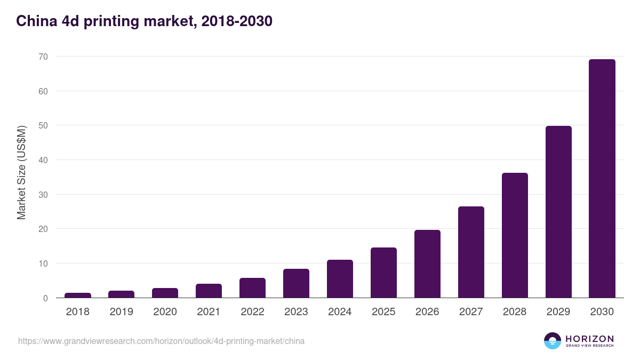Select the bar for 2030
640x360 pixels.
[602, 179]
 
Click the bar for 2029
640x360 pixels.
[558, 212]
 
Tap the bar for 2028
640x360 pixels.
[514, 235]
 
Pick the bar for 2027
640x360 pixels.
[471, 252]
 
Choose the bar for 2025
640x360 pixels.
[383, 273]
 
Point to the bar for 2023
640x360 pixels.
[296, 283]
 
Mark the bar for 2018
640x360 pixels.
[78, 295]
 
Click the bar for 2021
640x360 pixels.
[209, 291]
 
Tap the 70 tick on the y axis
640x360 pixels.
[43, 57]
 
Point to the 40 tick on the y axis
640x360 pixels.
[43, 160]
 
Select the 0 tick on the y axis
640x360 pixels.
[45, 298]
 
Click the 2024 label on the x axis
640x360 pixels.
[340, 312]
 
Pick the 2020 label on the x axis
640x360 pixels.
[165, 312]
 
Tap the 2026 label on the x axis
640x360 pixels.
[427, 312]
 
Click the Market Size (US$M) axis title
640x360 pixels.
[21, 172]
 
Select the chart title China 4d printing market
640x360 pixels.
[144, 21]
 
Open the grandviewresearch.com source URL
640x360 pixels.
[161, 341]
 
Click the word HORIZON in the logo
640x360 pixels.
[589, 339]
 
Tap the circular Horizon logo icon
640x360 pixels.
[552, 341]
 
